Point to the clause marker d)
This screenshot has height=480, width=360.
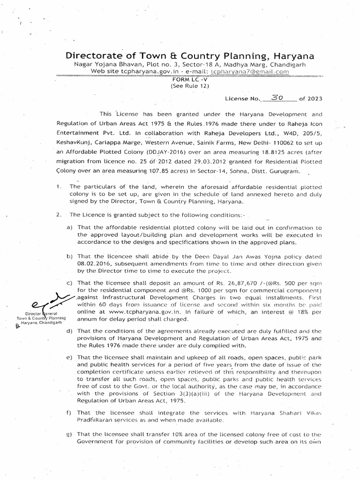69,332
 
